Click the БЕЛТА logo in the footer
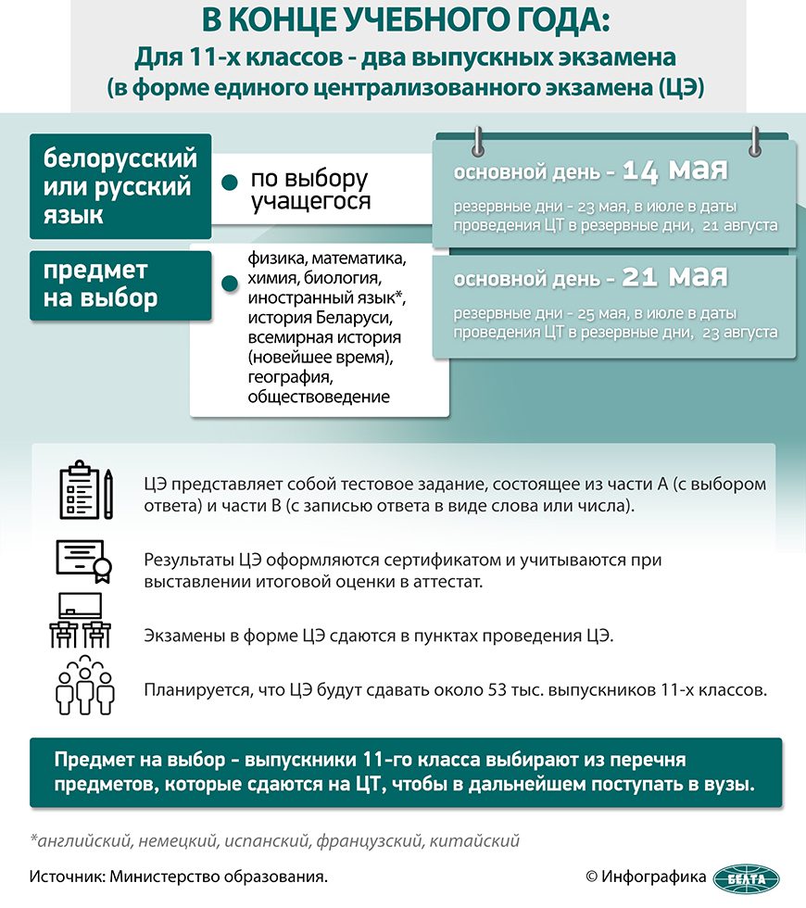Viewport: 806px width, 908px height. click(x=751, y=876)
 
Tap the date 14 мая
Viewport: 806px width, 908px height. click(x=674, y=171)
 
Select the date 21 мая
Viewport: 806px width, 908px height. click(x=674, y=276)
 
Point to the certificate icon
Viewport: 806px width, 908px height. click(x=83, y=561)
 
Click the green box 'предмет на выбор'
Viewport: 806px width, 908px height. click(x=120, y=285)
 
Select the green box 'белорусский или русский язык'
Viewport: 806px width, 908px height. click(x=120, y=185)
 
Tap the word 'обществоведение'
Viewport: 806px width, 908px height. click(x=318, y=397)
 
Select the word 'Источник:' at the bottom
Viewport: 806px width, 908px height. click(x=66, y=876)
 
